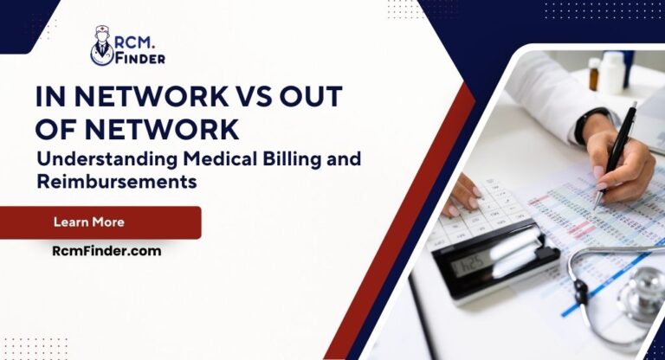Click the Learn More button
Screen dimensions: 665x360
coord(100,222)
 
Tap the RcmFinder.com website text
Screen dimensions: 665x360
coord(107,251)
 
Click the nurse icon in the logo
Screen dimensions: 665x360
coord(102,45)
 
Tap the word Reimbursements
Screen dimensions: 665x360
coord(117,182)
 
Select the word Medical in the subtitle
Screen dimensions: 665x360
coord(220,159)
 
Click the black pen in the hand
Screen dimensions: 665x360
coord(618,153)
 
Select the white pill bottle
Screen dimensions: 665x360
coord(612,72)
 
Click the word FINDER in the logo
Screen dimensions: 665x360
coord(140,59)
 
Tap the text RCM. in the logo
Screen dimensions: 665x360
coord(135,42)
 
